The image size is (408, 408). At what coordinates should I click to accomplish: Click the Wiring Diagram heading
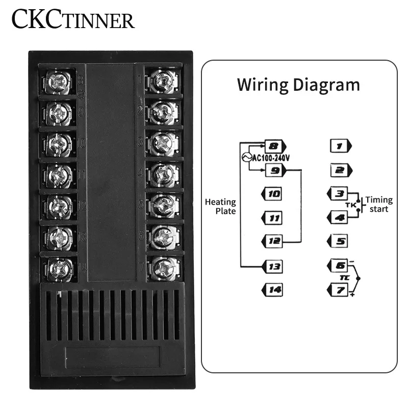[x=298, y=84]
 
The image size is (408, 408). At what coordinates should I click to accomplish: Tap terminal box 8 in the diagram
[x=273, y=147]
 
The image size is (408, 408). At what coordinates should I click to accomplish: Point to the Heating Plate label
[x=220, y=206]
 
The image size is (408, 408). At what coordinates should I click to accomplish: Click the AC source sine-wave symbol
[x=244, y=158]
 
